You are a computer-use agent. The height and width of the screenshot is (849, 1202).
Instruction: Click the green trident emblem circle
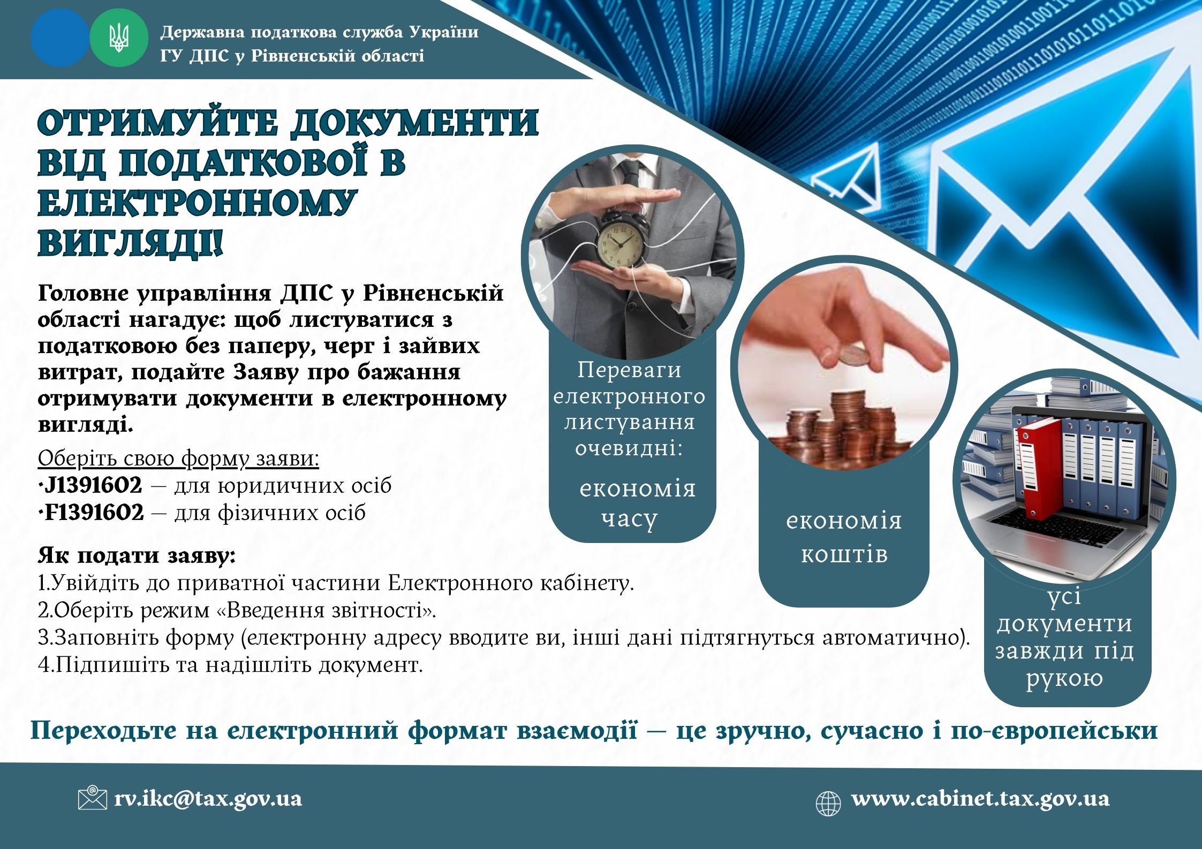pyautogui.click(x=118, y=38)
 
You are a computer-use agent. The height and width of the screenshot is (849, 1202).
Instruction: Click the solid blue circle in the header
pyautogui.click(x=60, y=38)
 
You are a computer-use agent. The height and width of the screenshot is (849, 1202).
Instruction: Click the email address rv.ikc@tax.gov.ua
pyautogui.click(x=208, y=799)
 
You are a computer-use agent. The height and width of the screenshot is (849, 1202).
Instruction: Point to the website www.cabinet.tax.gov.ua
pyautogui.click(x=980, y=799)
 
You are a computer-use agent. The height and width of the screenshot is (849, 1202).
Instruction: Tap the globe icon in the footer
pyautogui.click(x=828, y=804)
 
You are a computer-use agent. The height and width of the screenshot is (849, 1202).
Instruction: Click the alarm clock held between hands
pyautogui.click(x=622, y=240)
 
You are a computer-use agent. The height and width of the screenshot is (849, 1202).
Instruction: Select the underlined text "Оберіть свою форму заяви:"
pyautogui.click(x=178, y=458)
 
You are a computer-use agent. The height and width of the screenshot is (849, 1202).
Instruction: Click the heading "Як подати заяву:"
pyautogui.click(x=137, y=556)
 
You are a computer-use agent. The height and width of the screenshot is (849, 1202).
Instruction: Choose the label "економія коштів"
pyautogui.click(x=844, y=537)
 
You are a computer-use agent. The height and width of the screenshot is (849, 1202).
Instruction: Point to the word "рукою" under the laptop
pyautogui.click(x=1064, y=678)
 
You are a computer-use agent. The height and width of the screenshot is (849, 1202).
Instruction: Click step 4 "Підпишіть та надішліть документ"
pyautogui.click(x=230, y=665)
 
